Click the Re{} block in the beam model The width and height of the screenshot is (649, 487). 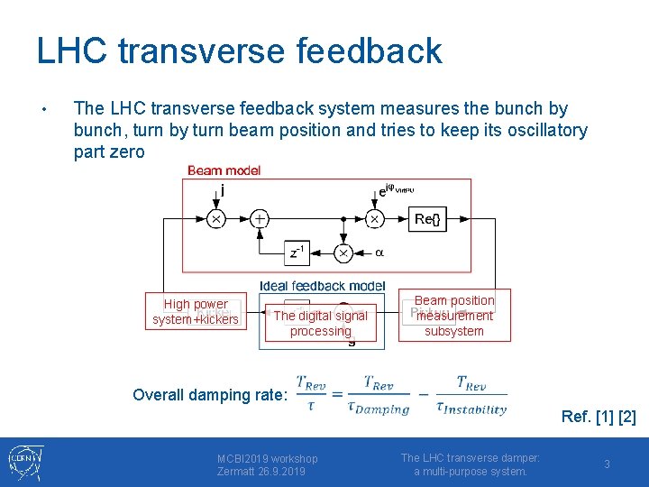(427, 219)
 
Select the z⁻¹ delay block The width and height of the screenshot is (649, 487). (296, 253)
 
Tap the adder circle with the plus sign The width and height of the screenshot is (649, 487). (260, 219)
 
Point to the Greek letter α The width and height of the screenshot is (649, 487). (379, 253)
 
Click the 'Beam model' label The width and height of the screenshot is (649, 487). (224, 170)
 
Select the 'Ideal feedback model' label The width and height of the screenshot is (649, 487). (322, 286)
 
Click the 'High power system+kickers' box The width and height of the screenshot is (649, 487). (196, 312)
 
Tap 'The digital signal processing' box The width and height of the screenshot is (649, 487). (320, 323)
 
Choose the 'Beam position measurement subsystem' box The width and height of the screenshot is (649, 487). (454, 316)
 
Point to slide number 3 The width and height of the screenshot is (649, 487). (607, 464)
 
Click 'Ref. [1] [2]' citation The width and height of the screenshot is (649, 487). (599, 417)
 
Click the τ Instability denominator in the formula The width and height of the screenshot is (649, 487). (471, 409)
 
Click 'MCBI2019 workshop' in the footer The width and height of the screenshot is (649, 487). (267, 458)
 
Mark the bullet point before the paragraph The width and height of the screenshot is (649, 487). (43, 110)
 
